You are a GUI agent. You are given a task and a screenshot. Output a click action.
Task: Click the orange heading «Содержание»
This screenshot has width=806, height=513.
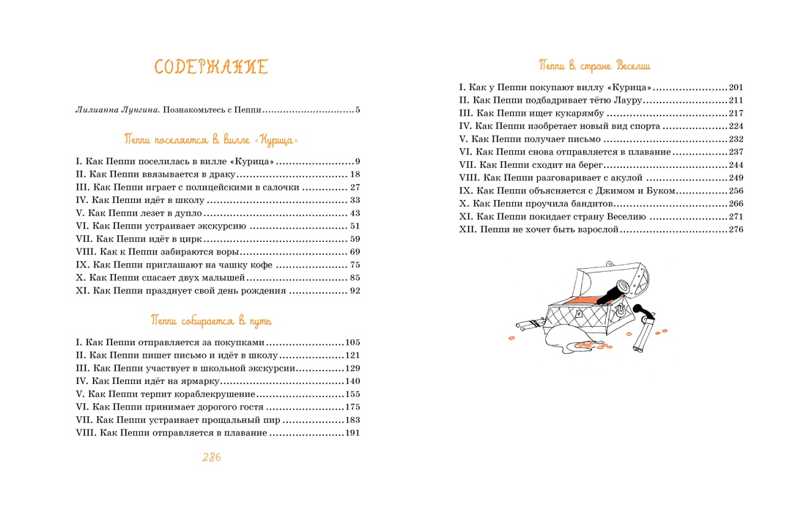pyautogui.click(x=211, y=67)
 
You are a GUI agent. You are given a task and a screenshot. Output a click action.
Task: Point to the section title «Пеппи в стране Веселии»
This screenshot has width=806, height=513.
pyautogui.click(x=594, y=65)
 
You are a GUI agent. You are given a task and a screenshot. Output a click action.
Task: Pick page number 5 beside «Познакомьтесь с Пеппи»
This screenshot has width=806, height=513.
pyautogui.click(x=358, y=111)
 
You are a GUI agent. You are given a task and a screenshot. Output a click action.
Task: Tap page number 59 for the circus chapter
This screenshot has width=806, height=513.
pyautogui.click(x=355, y=239)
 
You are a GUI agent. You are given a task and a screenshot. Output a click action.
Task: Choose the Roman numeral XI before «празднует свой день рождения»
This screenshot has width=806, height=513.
pyautogui.click(x=82, y=291)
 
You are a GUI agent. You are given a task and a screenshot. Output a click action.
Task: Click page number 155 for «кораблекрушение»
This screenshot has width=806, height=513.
pyautogui.click(x=352, y=394)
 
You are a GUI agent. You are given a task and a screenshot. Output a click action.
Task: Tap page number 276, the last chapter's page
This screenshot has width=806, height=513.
pyautogui.click(x=736, y=229)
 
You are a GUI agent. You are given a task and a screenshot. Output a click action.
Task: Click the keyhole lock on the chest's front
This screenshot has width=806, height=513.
pyautogui.click(x=579, y=313)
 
